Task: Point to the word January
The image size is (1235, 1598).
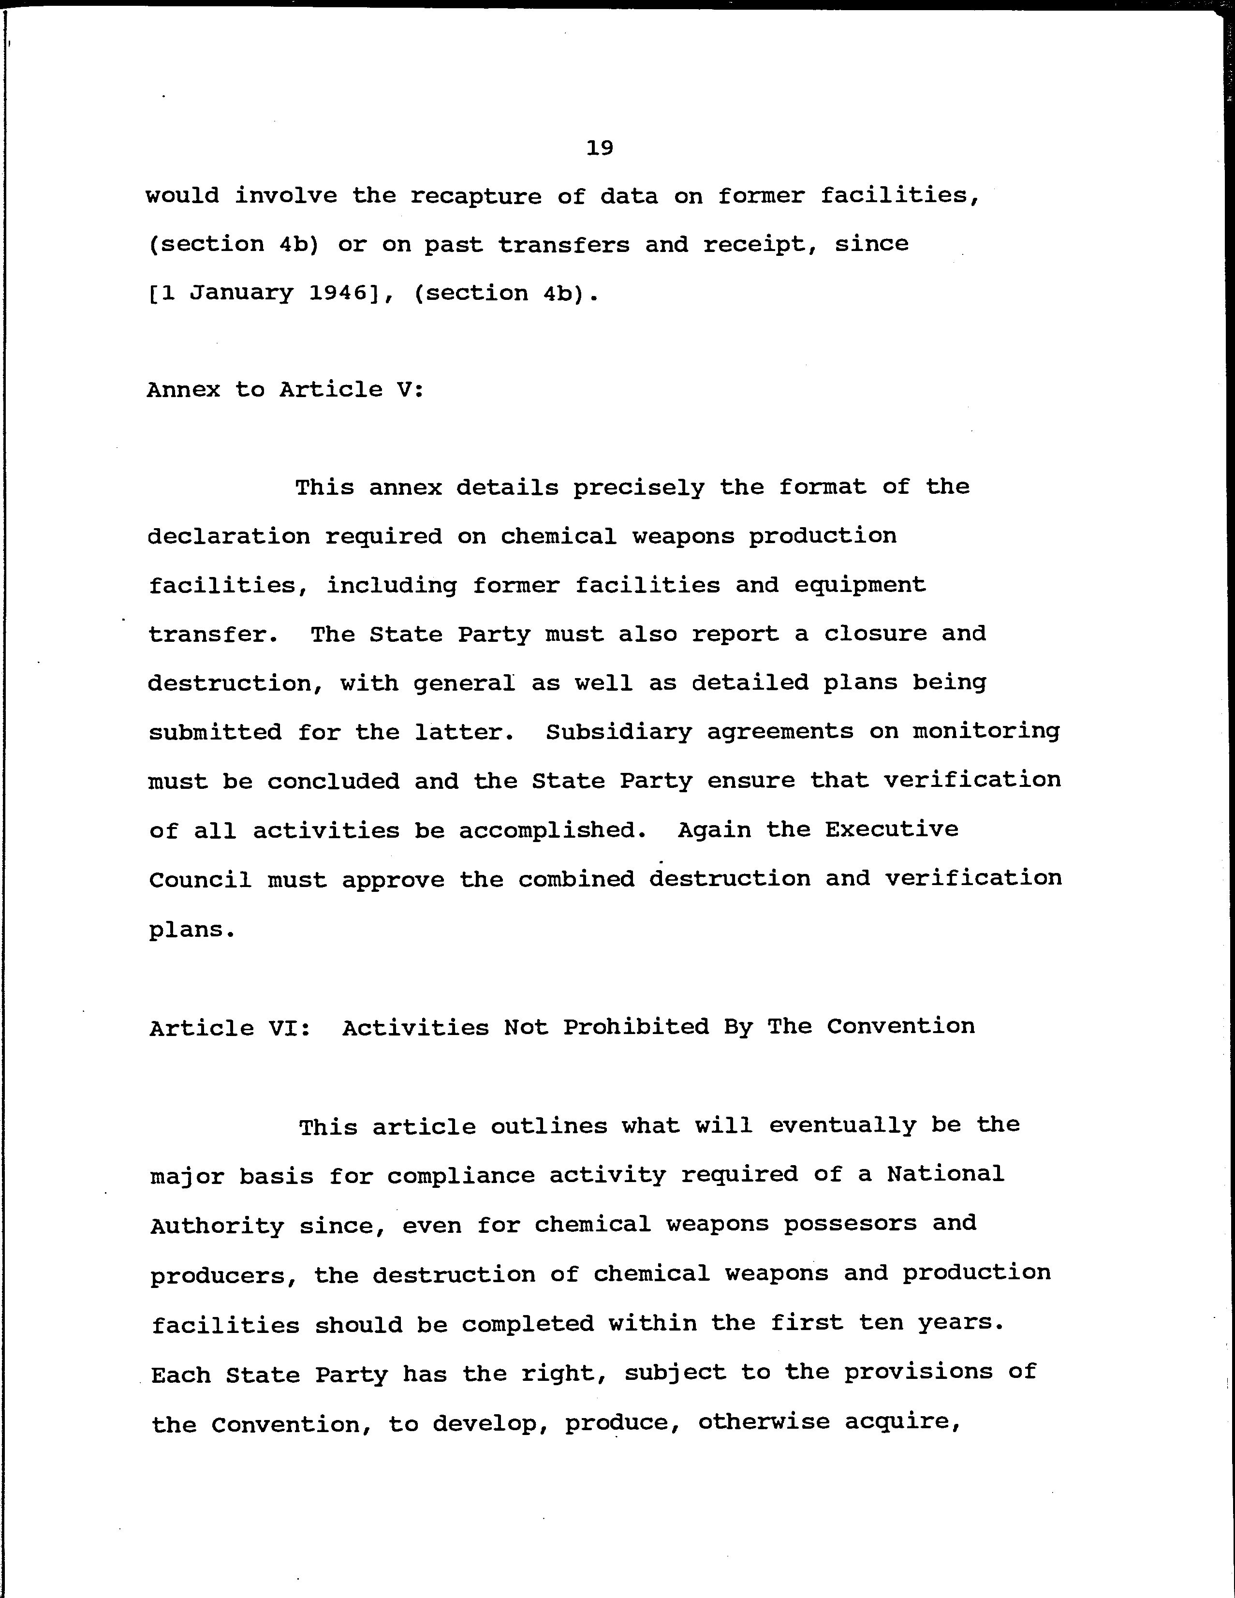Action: tap(241, 294)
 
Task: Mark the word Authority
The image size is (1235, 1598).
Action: tap(217, 1226)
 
